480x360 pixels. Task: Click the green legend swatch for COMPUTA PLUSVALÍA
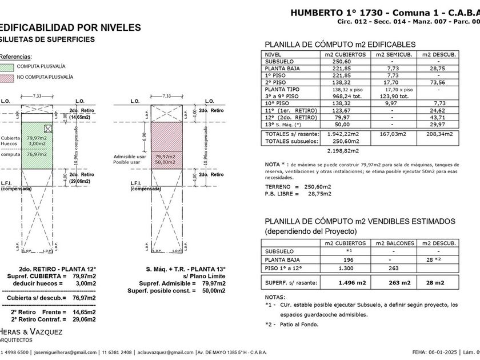coord(7,66)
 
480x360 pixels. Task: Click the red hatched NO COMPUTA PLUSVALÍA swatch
coord(7,77)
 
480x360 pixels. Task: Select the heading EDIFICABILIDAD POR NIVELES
coord(69,27)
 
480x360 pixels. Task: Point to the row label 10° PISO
coord(278,103)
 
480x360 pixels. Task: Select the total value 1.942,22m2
coord(343,134)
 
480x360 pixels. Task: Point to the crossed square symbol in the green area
coord(49,129)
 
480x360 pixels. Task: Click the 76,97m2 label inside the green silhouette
coord(36,154)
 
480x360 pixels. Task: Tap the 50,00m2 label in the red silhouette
coord(165,162)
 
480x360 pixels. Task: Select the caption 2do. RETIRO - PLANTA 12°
coord(58,269)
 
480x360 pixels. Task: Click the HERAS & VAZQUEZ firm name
coord(31,331)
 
